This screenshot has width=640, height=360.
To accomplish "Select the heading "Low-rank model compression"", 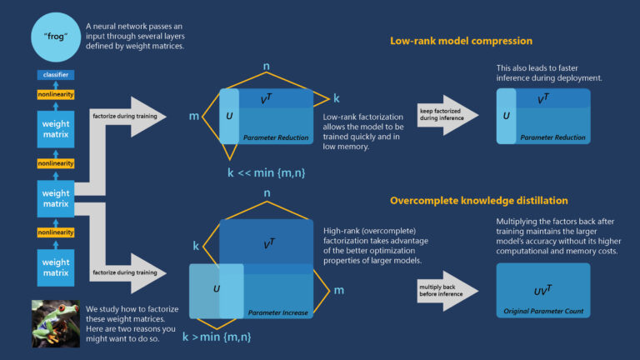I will click(461, 41).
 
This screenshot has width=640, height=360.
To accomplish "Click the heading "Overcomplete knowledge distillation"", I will click(477, 201).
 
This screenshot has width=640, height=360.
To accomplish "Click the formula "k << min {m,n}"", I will click(265, 172).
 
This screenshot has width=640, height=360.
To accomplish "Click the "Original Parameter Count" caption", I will click(543, 311).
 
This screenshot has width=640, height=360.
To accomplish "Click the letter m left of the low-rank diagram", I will click(193, 116).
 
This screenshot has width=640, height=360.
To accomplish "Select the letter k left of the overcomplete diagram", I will click(196, 247).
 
